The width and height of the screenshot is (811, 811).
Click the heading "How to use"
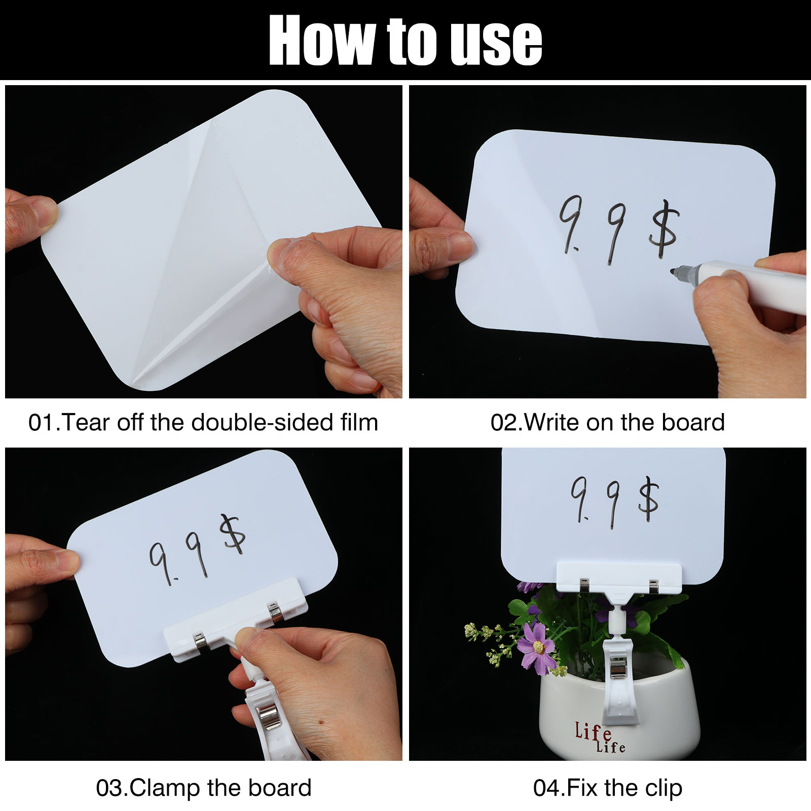click(x=405, y=41)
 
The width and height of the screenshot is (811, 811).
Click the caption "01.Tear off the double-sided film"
click(x=203, y=422)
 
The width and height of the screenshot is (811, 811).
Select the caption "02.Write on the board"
click(x=608, y=422)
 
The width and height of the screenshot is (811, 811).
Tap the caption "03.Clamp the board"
click(x=204, y=788)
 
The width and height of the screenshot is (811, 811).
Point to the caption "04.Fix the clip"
click(x=608, y=788)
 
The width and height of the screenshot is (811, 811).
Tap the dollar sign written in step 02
click(x=663, y=229)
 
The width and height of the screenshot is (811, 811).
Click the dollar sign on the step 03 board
click(x=232, y=534)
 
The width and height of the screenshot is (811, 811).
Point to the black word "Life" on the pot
click(x=610, y=746)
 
